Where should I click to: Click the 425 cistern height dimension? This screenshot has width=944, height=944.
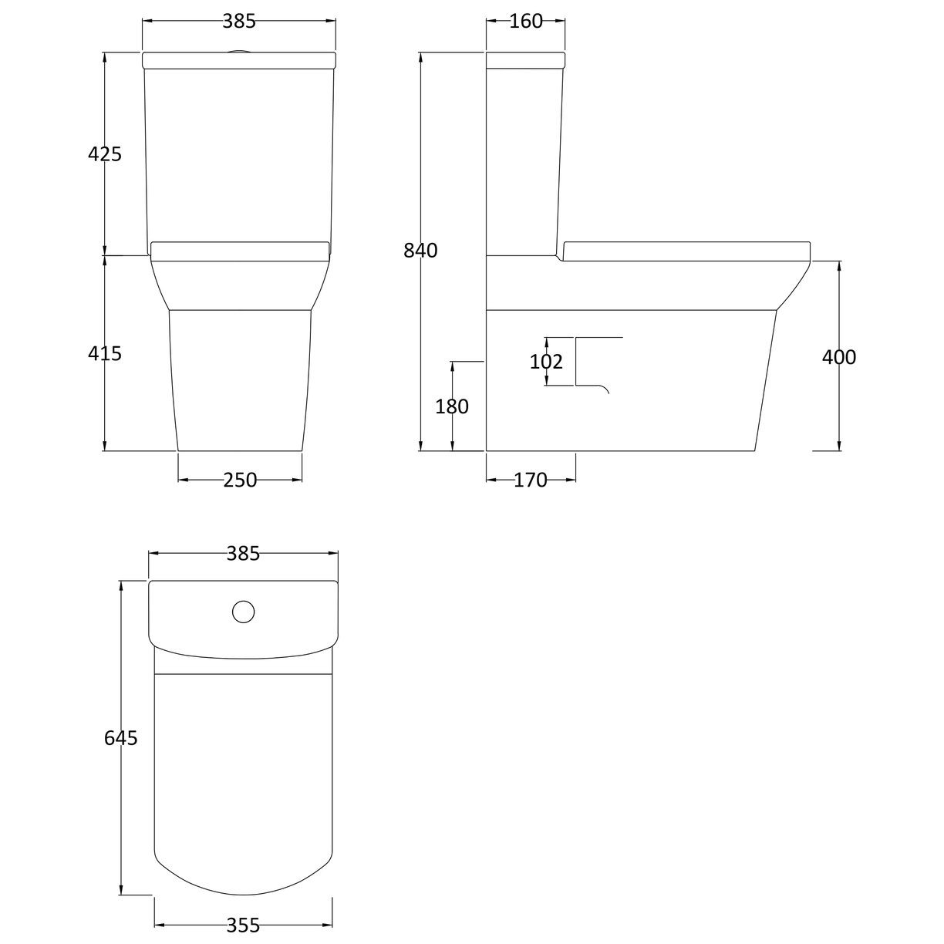pos(105,154)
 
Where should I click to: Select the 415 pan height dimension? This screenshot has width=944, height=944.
pos(105,354)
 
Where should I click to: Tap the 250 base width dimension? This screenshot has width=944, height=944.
pos(240,480)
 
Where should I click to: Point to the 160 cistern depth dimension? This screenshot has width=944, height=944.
pos(526,22)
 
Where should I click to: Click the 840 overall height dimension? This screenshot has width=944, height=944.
pos(421,251)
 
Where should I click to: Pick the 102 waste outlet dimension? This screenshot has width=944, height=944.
pos(546,362)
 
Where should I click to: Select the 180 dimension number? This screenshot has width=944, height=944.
pos(452,406)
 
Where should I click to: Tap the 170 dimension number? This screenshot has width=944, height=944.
pos(530,480)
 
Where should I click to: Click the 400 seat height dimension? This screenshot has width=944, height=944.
pos(839,357)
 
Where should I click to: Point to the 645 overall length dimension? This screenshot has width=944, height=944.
pos(121,738)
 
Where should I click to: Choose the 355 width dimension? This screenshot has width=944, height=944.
pos(243,925)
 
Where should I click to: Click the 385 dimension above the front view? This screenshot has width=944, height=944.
pos(239,22)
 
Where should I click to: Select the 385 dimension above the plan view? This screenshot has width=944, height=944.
pos(243,553)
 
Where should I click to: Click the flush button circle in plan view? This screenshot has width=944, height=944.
pos(243,612)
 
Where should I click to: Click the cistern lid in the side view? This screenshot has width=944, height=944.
pos(526,59)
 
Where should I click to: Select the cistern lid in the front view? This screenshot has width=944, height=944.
pos(240,59)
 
